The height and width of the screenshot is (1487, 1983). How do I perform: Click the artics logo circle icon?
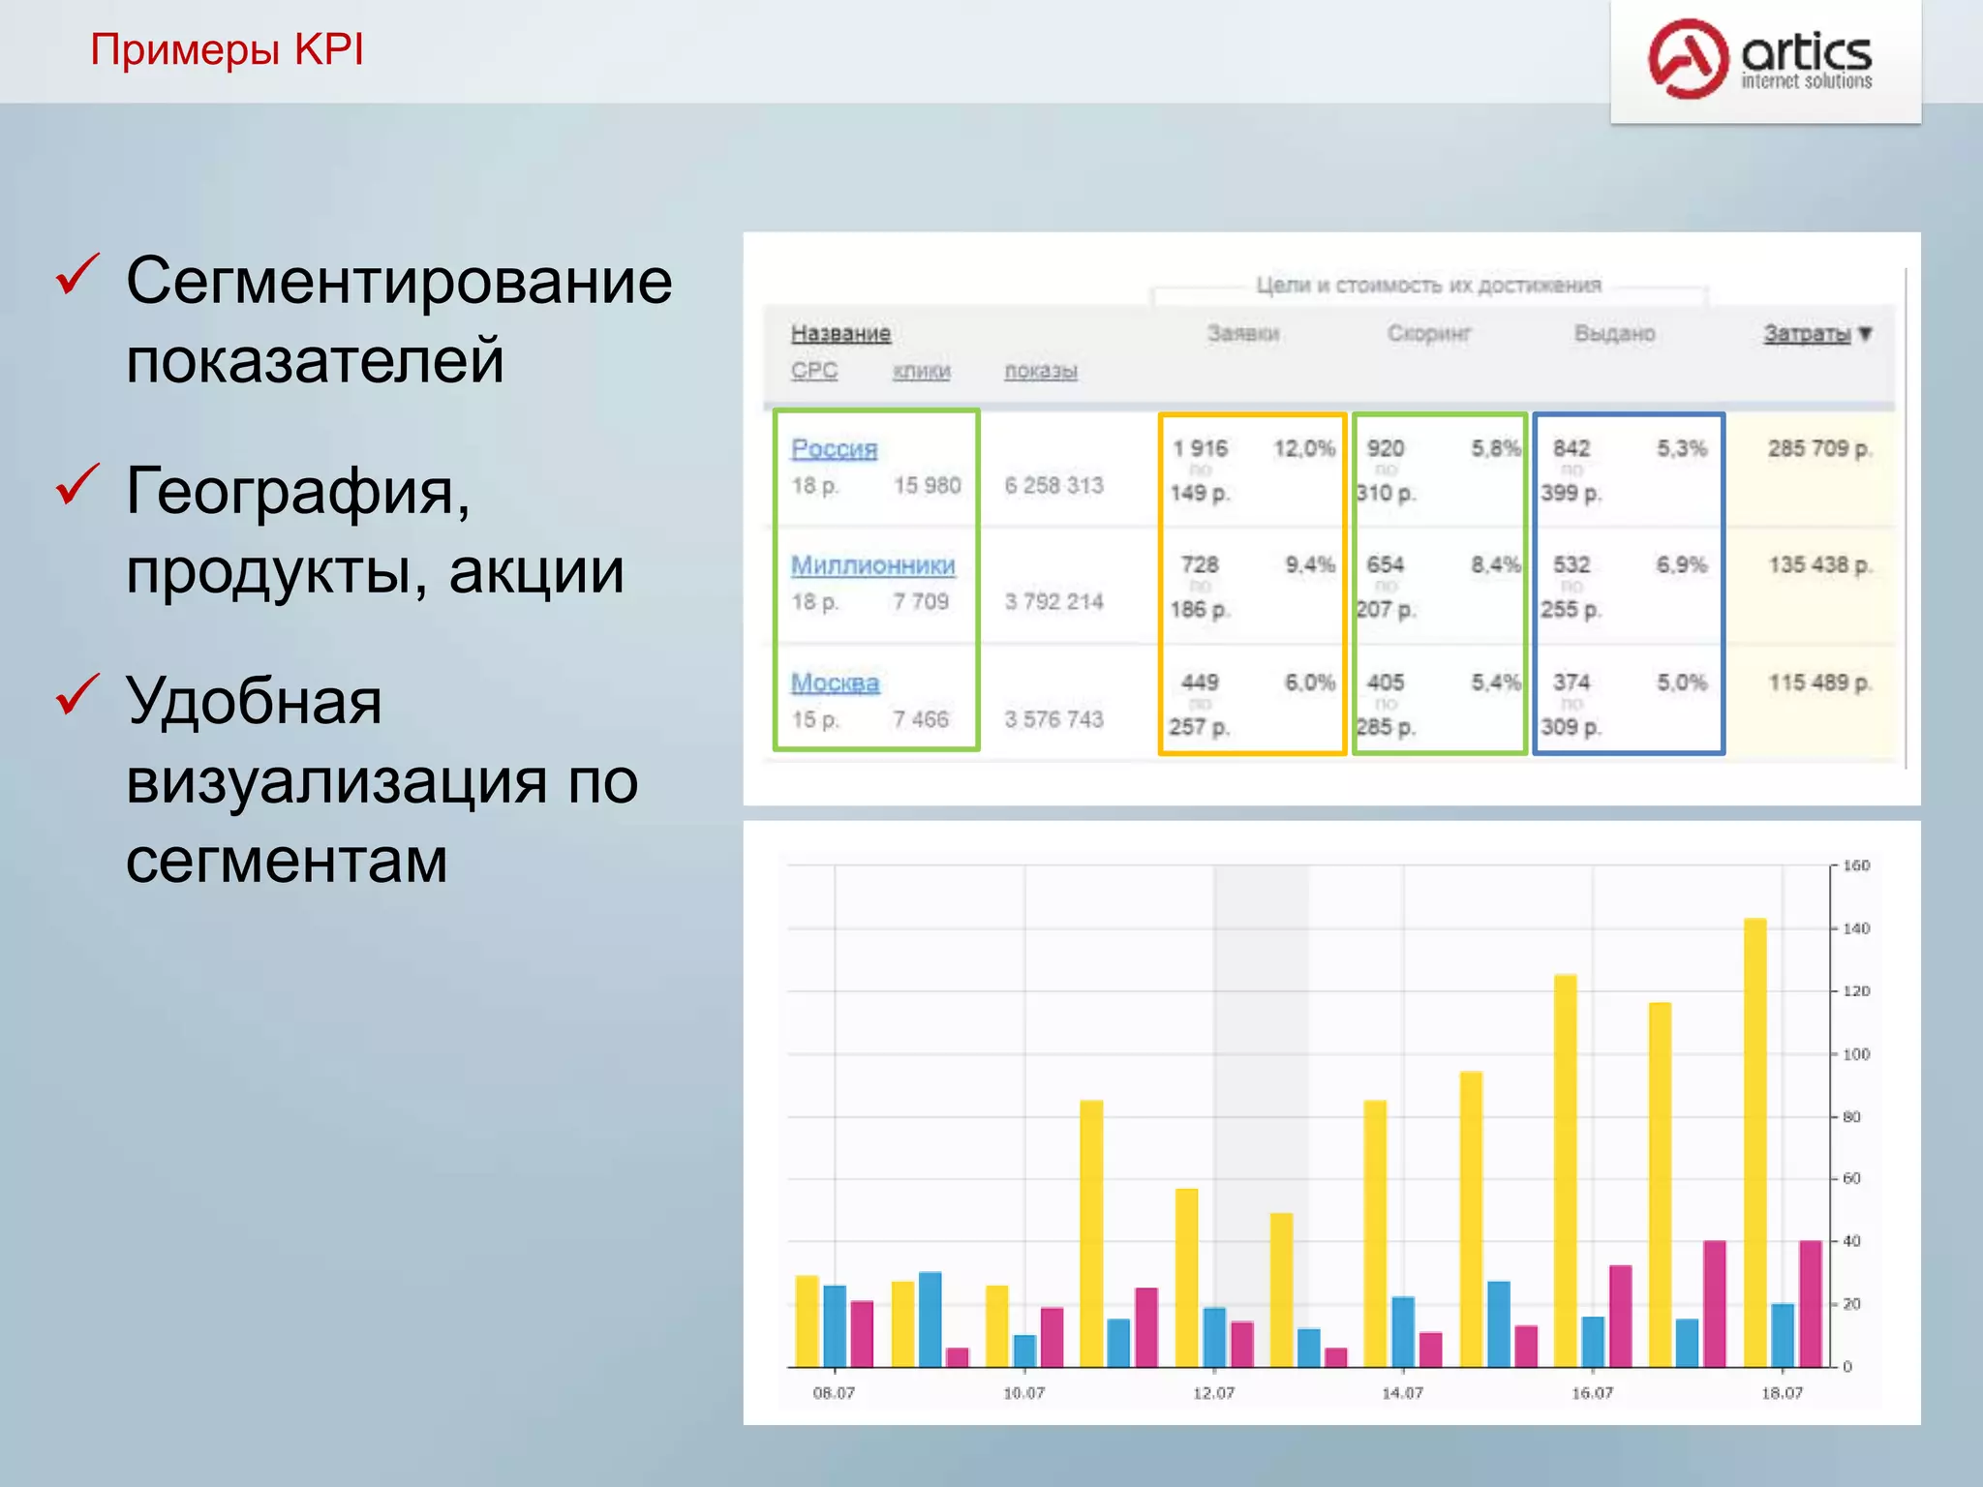1688,58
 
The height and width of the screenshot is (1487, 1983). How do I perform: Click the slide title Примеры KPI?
227,49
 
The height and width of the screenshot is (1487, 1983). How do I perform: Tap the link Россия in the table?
834,449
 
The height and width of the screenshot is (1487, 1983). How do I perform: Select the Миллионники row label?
872,565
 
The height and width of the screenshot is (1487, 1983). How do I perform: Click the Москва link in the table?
835,683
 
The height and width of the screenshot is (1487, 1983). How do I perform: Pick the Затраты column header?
1807,334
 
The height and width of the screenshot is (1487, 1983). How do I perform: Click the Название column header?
840,334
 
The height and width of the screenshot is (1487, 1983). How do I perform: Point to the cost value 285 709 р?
1819,449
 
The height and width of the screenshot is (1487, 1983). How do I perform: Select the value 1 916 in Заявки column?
1200,449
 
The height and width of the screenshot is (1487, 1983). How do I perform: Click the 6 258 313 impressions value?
1053,486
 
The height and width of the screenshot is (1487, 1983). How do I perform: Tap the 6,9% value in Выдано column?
1681,565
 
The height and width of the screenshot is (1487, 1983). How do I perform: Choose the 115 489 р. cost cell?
1819,683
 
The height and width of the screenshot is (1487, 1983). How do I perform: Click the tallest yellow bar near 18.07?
1754,1142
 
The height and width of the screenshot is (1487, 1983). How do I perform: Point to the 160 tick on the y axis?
1856,865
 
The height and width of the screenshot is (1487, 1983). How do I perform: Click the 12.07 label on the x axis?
1213,1393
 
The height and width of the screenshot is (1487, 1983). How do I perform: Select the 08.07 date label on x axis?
834,1393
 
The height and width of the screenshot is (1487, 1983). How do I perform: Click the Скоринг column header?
1428,334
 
